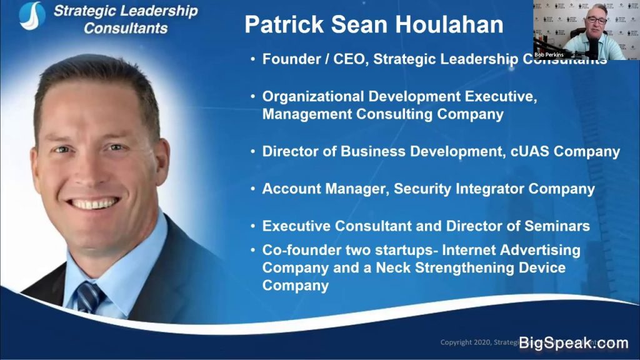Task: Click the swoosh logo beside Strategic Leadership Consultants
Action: pyautogui.click(x=31, y=16)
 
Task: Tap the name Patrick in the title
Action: pyautogui.click(x=279, y=24)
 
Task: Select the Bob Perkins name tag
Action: pyautogui.click(x=549, y=55)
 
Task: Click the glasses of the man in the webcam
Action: pyautogui.click(x=596, y=20)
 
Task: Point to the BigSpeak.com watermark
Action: pyautogui.click(x=573, y=342)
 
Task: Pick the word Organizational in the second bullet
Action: pyautogui.click(x=312, y=97)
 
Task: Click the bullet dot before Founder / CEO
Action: pyautogui.click(x=253, y=59)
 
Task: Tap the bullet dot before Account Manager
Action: pyautogui.click(x=253, y=189)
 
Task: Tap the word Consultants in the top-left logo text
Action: pyautogui.click(x=126, y=28)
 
